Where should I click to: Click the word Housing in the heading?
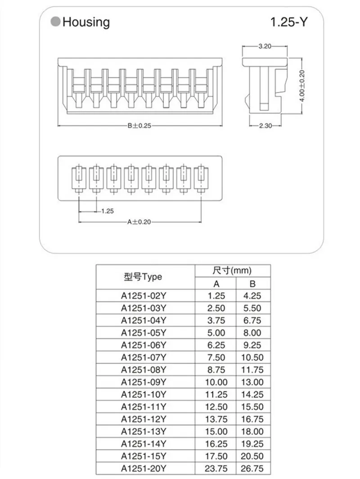pyautogui.click(x=86, y=22)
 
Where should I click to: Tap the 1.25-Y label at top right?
pyautogui.click(x=289, y=22)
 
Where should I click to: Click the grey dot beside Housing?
pyautogui.click(x=55, y=22)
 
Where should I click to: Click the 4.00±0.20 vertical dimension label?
pyautogui.click(x=302, y=85)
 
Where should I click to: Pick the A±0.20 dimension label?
pyautogui.click(x=139, y=222)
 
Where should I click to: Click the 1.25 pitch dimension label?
pyautogui.click(x=107, y=210)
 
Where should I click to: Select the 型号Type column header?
pyautogui.click(x=143, y=277)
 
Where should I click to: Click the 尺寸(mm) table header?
pyautogui.click(x=232, y=271)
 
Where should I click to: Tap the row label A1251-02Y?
pyautogui.click(x=144, y=296)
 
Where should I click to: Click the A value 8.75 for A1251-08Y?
pyautogui.click(x=215, y=370)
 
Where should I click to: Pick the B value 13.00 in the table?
pyautogui.click(x=252, y=383)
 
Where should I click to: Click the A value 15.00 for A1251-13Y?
pyautogui.click(x=215, y=432)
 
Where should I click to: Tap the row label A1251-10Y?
pyautogui.click(x=144, y=395)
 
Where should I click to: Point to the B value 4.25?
pyautogui.click(x=252, y=296)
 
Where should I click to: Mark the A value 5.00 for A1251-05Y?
pyautogui.click(x=215, y=333)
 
